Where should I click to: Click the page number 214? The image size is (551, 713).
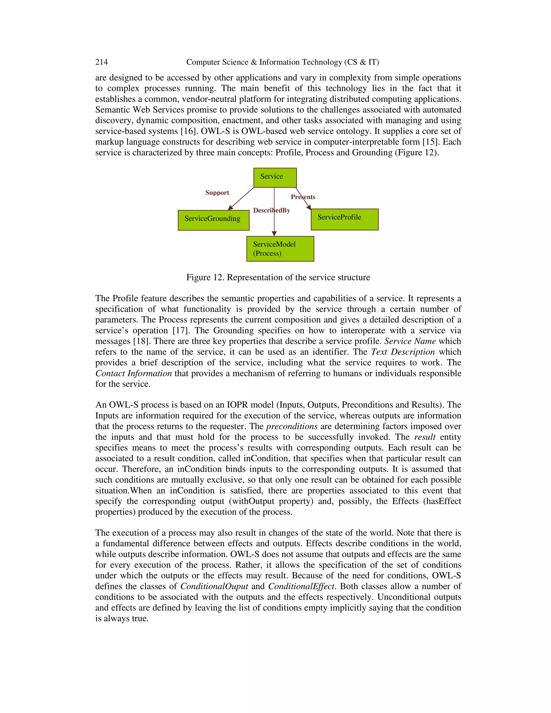point(101,62)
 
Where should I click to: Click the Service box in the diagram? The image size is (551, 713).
point(275,178)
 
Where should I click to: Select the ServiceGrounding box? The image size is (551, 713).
point(213,220)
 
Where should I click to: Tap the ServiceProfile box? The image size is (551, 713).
point(344,219)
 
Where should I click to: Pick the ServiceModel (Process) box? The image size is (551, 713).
point(280,249)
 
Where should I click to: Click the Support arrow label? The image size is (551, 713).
point(217,193)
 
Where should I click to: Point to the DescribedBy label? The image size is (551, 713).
point(271,211)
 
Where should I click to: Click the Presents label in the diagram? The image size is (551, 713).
point(303,197)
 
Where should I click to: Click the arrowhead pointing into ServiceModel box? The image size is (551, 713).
point(274,234)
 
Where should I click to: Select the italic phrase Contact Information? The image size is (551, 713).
point(133,373)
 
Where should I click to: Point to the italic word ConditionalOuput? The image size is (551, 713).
point(214,586)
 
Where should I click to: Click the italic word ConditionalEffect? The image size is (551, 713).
point(302,586)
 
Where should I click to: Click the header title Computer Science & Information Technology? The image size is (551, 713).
point(282,62)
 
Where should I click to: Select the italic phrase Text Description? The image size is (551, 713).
point(403,352)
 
